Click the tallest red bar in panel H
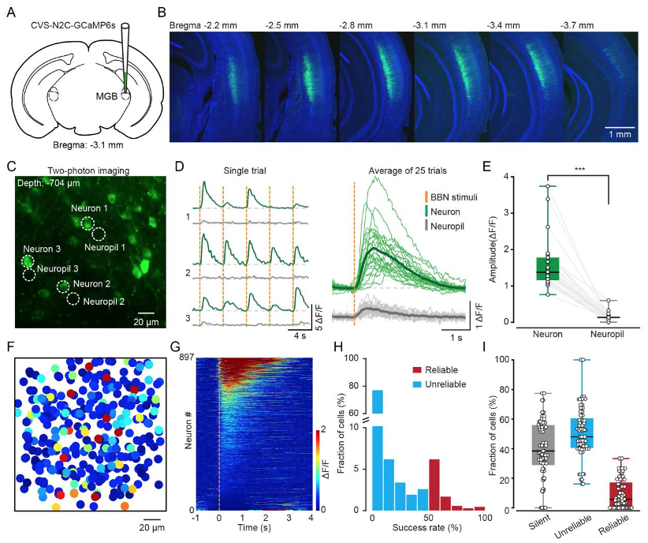click(434, 485)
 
